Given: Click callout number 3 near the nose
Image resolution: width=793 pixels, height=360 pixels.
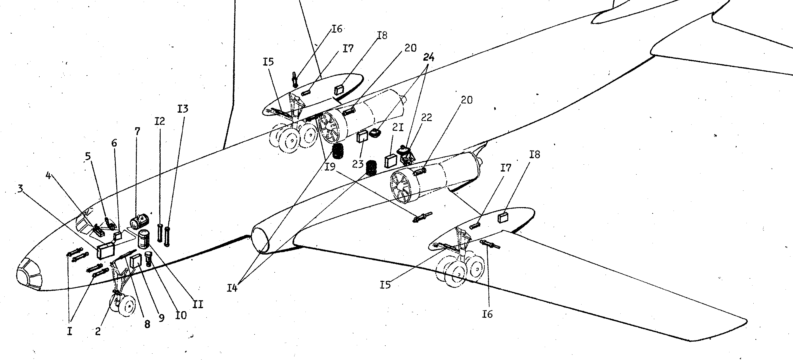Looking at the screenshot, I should coord(20,188).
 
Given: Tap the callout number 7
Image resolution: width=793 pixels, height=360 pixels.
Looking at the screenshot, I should coord(137,132).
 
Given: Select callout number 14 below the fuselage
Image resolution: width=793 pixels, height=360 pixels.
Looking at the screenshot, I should coord(232,288).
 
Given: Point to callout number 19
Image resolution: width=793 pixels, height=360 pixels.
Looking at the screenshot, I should coord(330,167).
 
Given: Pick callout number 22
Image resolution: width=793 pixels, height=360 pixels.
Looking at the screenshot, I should coord(426,117).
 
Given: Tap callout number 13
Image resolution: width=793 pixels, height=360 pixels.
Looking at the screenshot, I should coord(182,109).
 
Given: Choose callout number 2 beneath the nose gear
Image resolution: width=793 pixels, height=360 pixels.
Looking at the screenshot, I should coord(98,331).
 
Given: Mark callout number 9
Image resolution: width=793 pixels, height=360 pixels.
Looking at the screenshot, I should coord(161,318).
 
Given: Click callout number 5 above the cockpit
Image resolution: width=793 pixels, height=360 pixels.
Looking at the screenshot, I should coord(88,157).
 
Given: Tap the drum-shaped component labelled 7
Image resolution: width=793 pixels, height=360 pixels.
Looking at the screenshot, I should coord(139,221).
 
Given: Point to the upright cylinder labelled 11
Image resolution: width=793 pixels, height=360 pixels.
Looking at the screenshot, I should coord(143,239).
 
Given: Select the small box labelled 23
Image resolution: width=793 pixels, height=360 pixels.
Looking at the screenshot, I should coord(362,136).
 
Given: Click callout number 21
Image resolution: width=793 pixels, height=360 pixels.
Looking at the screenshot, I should coord(397,128).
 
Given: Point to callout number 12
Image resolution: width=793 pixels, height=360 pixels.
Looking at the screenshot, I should coord(160,121).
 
